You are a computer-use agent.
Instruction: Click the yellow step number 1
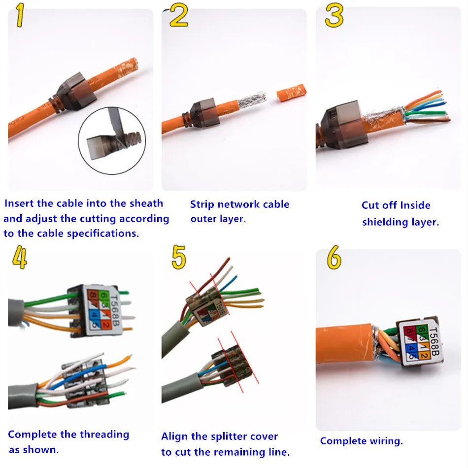coord(20,15)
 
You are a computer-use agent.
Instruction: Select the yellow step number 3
coord(334,16)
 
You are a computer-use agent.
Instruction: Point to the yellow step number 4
coord(20,257)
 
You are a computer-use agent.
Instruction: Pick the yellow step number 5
coord(179,257)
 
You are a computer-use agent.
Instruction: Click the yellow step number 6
coord(334,257)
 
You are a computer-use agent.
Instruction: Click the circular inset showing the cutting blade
coord(112,140)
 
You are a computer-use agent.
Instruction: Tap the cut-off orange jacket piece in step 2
coord(291,93)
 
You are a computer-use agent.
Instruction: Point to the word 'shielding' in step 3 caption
coord(385,222)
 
